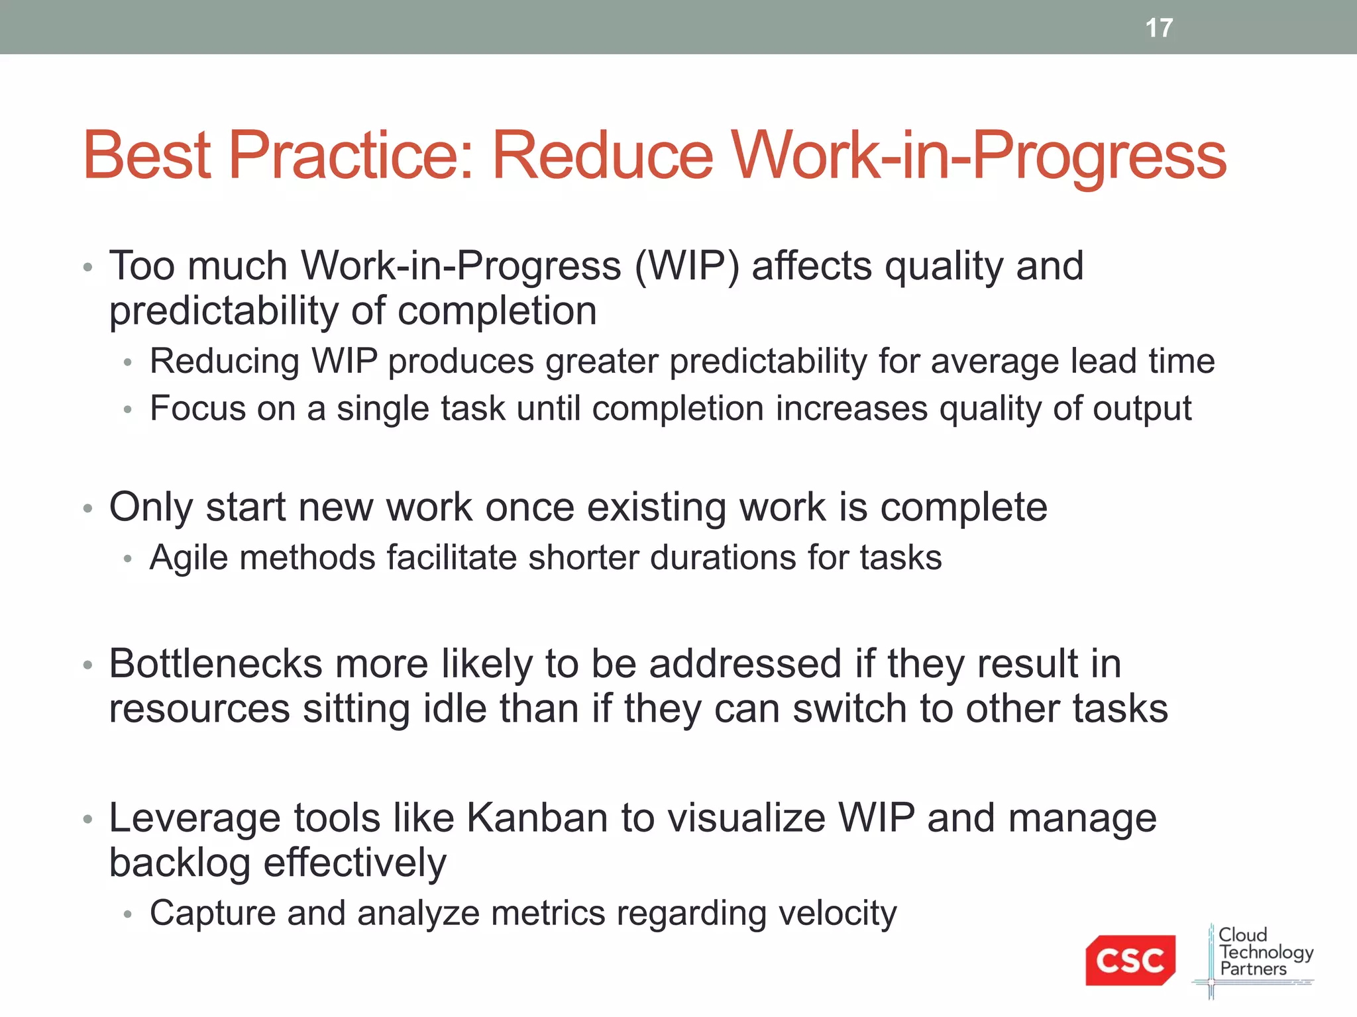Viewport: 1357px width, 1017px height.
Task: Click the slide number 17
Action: (1159, 28)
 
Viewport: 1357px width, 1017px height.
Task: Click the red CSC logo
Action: (1130, 959)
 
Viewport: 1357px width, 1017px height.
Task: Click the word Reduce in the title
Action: (602, 156)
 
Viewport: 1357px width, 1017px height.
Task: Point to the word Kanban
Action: (537, 818)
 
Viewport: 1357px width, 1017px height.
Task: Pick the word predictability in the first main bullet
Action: (223, 311)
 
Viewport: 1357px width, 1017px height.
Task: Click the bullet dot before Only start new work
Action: (87, 508)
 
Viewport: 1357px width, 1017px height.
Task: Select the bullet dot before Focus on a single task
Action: (128, 411)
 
